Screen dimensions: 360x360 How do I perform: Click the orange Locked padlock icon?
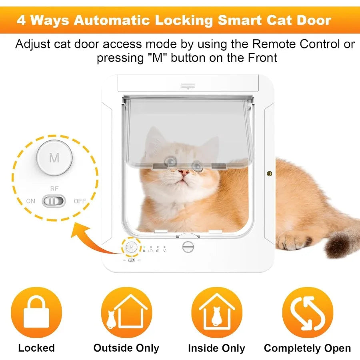click(36, 312)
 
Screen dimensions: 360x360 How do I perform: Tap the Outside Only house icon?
click(126, 312)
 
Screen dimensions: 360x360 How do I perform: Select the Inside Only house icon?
click(216, 312)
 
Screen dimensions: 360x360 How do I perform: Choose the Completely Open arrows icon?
click(307, 312)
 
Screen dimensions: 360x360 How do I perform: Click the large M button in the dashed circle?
click(54, 158)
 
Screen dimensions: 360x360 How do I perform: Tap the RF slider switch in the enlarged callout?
click(54, 201)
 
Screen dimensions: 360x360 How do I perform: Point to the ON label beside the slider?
click(31, 201)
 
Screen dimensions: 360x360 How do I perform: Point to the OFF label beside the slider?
click(80, 201)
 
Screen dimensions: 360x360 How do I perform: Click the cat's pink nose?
click(184, 173)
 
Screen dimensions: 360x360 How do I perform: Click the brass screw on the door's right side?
click(269, 174)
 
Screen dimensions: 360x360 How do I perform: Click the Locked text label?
click(36, 348)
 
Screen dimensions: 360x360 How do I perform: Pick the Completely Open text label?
click(307, 348)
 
